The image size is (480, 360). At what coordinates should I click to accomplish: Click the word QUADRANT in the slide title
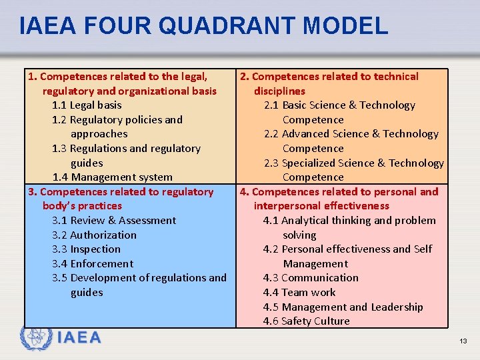point(227,26)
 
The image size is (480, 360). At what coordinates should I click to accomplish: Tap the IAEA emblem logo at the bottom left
point(36,337)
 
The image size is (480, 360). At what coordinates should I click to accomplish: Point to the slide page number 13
point(463,341)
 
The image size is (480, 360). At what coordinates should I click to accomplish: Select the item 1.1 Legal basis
point(87,105)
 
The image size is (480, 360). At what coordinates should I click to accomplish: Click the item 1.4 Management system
point(113,177)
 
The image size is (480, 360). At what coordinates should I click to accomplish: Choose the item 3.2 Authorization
point(94,235)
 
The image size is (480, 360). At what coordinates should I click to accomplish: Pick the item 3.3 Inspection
point(86,249)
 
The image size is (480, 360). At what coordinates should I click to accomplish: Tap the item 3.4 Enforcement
point(93,264)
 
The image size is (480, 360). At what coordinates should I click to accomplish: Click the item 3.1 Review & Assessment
point(114,221)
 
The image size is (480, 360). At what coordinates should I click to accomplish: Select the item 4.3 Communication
point(311,278)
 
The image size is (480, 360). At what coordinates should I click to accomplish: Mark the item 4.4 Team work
point(299,293)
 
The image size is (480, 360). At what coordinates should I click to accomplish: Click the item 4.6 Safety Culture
point(306,321)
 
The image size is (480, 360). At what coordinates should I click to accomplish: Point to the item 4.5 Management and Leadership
point(343,307)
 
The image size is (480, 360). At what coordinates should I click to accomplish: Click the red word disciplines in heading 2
point(279,91)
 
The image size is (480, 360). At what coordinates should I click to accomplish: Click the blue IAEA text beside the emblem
point(79,337)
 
